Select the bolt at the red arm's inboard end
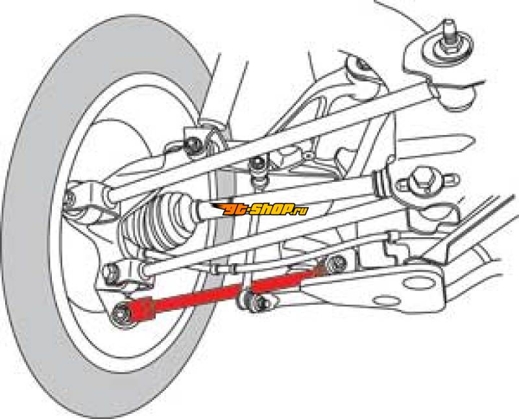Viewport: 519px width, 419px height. click(335, 263)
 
